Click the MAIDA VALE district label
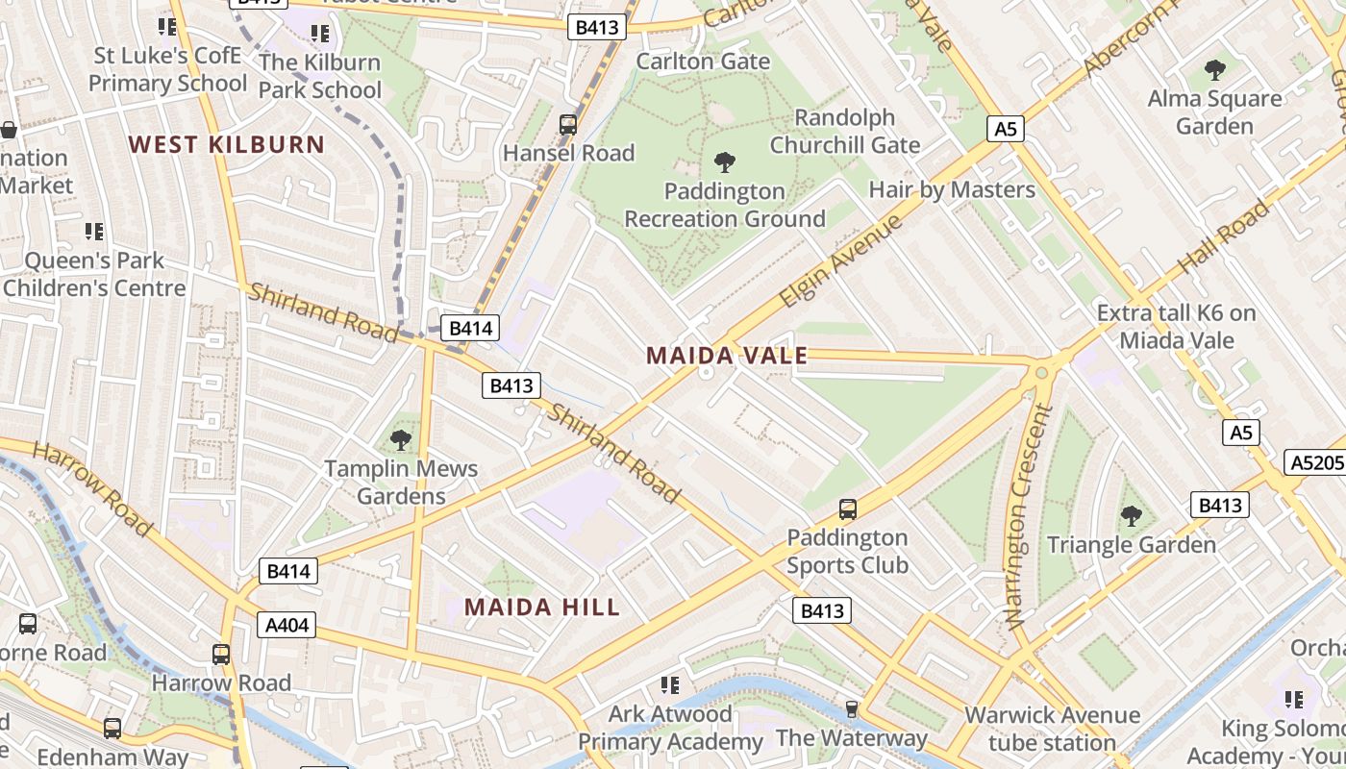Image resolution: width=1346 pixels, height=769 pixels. pos(727,356)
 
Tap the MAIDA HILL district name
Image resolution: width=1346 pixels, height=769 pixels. pos(542,607)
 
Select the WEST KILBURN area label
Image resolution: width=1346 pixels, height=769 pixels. pos(227,145)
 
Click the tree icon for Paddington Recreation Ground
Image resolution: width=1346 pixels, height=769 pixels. pos(724,162)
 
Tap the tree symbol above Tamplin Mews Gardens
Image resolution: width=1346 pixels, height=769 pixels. pos(401,440)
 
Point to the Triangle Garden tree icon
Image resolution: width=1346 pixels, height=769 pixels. pos(1132,516)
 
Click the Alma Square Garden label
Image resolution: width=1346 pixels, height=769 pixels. pos(1215,112)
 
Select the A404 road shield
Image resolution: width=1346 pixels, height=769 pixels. pos(287,626)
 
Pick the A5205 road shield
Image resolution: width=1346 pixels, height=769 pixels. pos(1314,463)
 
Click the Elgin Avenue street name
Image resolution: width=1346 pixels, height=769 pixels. pos(840,261)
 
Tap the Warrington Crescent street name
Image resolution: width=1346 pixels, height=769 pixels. pos(1029,516)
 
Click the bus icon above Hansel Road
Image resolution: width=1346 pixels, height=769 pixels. pos(568,124)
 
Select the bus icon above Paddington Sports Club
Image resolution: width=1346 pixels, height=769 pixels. pos(847,509)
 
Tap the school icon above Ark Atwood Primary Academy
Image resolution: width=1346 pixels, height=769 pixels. pos(670,685)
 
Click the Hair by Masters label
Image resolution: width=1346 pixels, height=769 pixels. pos(952,189)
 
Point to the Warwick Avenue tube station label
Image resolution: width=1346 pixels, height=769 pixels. pos(1052,729)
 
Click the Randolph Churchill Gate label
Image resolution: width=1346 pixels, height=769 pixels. pos(845,132)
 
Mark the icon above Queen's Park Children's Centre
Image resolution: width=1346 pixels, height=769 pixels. pos(93,231)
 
